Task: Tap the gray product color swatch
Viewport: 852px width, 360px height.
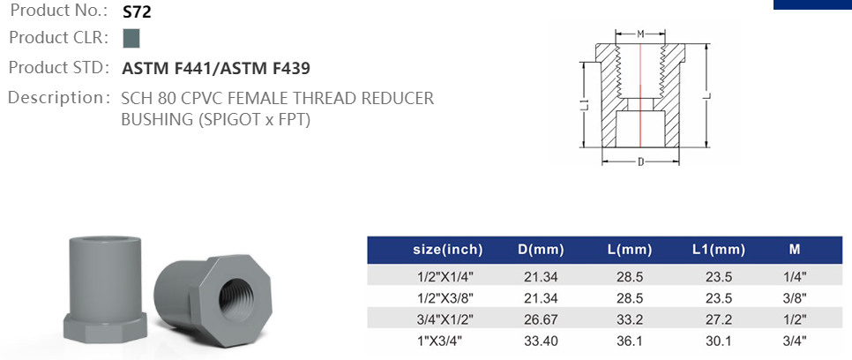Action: coord(131,38)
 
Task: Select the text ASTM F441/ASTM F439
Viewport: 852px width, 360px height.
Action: coord(216,68)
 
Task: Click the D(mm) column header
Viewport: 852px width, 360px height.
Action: coord(541,250)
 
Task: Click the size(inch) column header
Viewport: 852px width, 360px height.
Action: coord(448,250)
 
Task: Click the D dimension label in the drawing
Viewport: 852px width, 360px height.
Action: coord(639,161)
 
